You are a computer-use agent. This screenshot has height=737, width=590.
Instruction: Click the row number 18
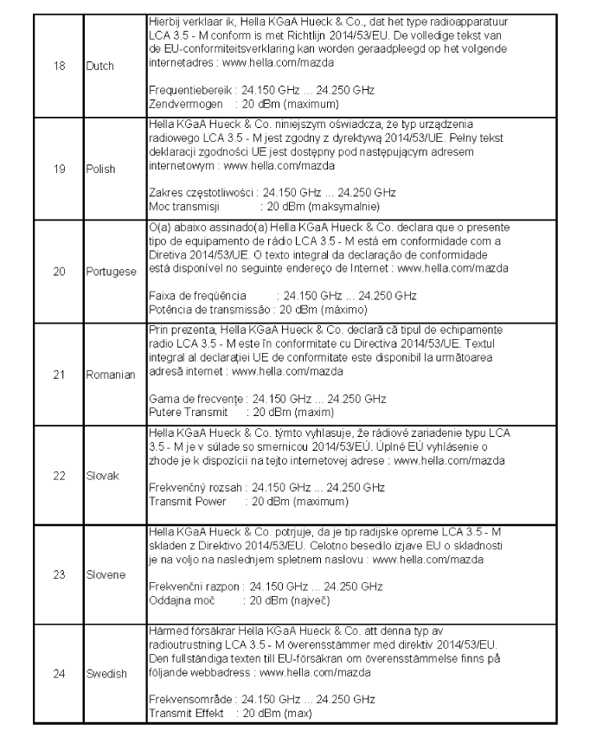point(60,66)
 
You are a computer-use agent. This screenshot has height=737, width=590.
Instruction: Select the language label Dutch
point(99,66)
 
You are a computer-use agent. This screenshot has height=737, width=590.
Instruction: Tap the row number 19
point(60,170)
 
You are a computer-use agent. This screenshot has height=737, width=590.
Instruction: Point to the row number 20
point(60,272)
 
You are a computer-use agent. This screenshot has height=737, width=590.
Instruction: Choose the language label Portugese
point(111,272)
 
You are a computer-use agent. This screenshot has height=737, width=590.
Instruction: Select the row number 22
point(60,476)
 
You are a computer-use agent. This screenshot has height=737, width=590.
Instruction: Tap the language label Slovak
point(100,476)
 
